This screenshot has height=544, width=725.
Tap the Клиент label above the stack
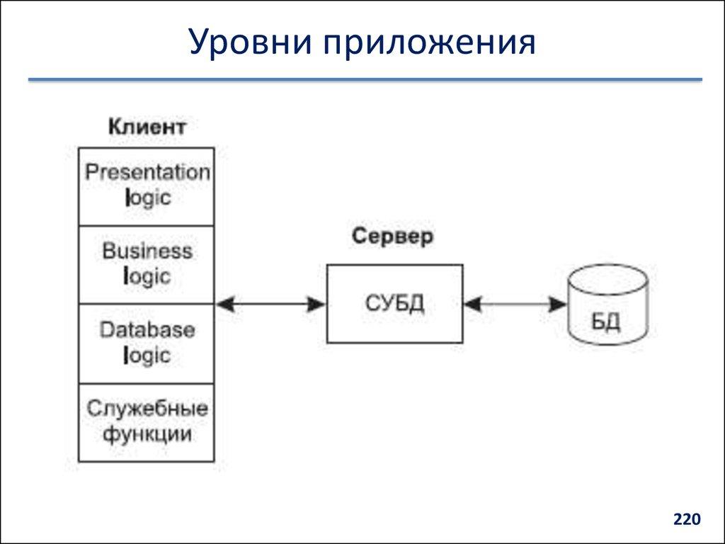[147, 127]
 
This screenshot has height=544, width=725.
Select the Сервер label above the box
[392, 237]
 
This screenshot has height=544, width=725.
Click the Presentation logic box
[146, 187]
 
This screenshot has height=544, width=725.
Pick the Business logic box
[146, 265]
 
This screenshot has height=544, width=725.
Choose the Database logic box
[146, 344]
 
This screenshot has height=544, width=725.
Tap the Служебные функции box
[146, 423]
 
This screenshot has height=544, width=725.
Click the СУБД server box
[394, 304]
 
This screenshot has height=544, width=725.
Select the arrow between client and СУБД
[270, 305]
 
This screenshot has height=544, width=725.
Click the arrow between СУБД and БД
[515, 305]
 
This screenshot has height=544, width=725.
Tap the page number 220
[686, 520]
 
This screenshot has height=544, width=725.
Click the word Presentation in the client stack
[147, 173]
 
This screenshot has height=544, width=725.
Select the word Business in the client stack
[147, 251]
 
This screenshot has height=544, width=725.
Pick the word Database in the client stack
[147, 330]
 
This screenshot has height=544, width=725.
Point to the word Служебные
[147, 409]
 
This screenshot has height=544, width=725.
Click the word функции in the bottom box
[147, 434]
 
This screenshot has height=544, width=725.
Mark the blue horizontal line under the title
[365, 80]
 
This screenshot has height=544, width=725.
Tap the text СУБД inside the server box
[394, 304]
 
